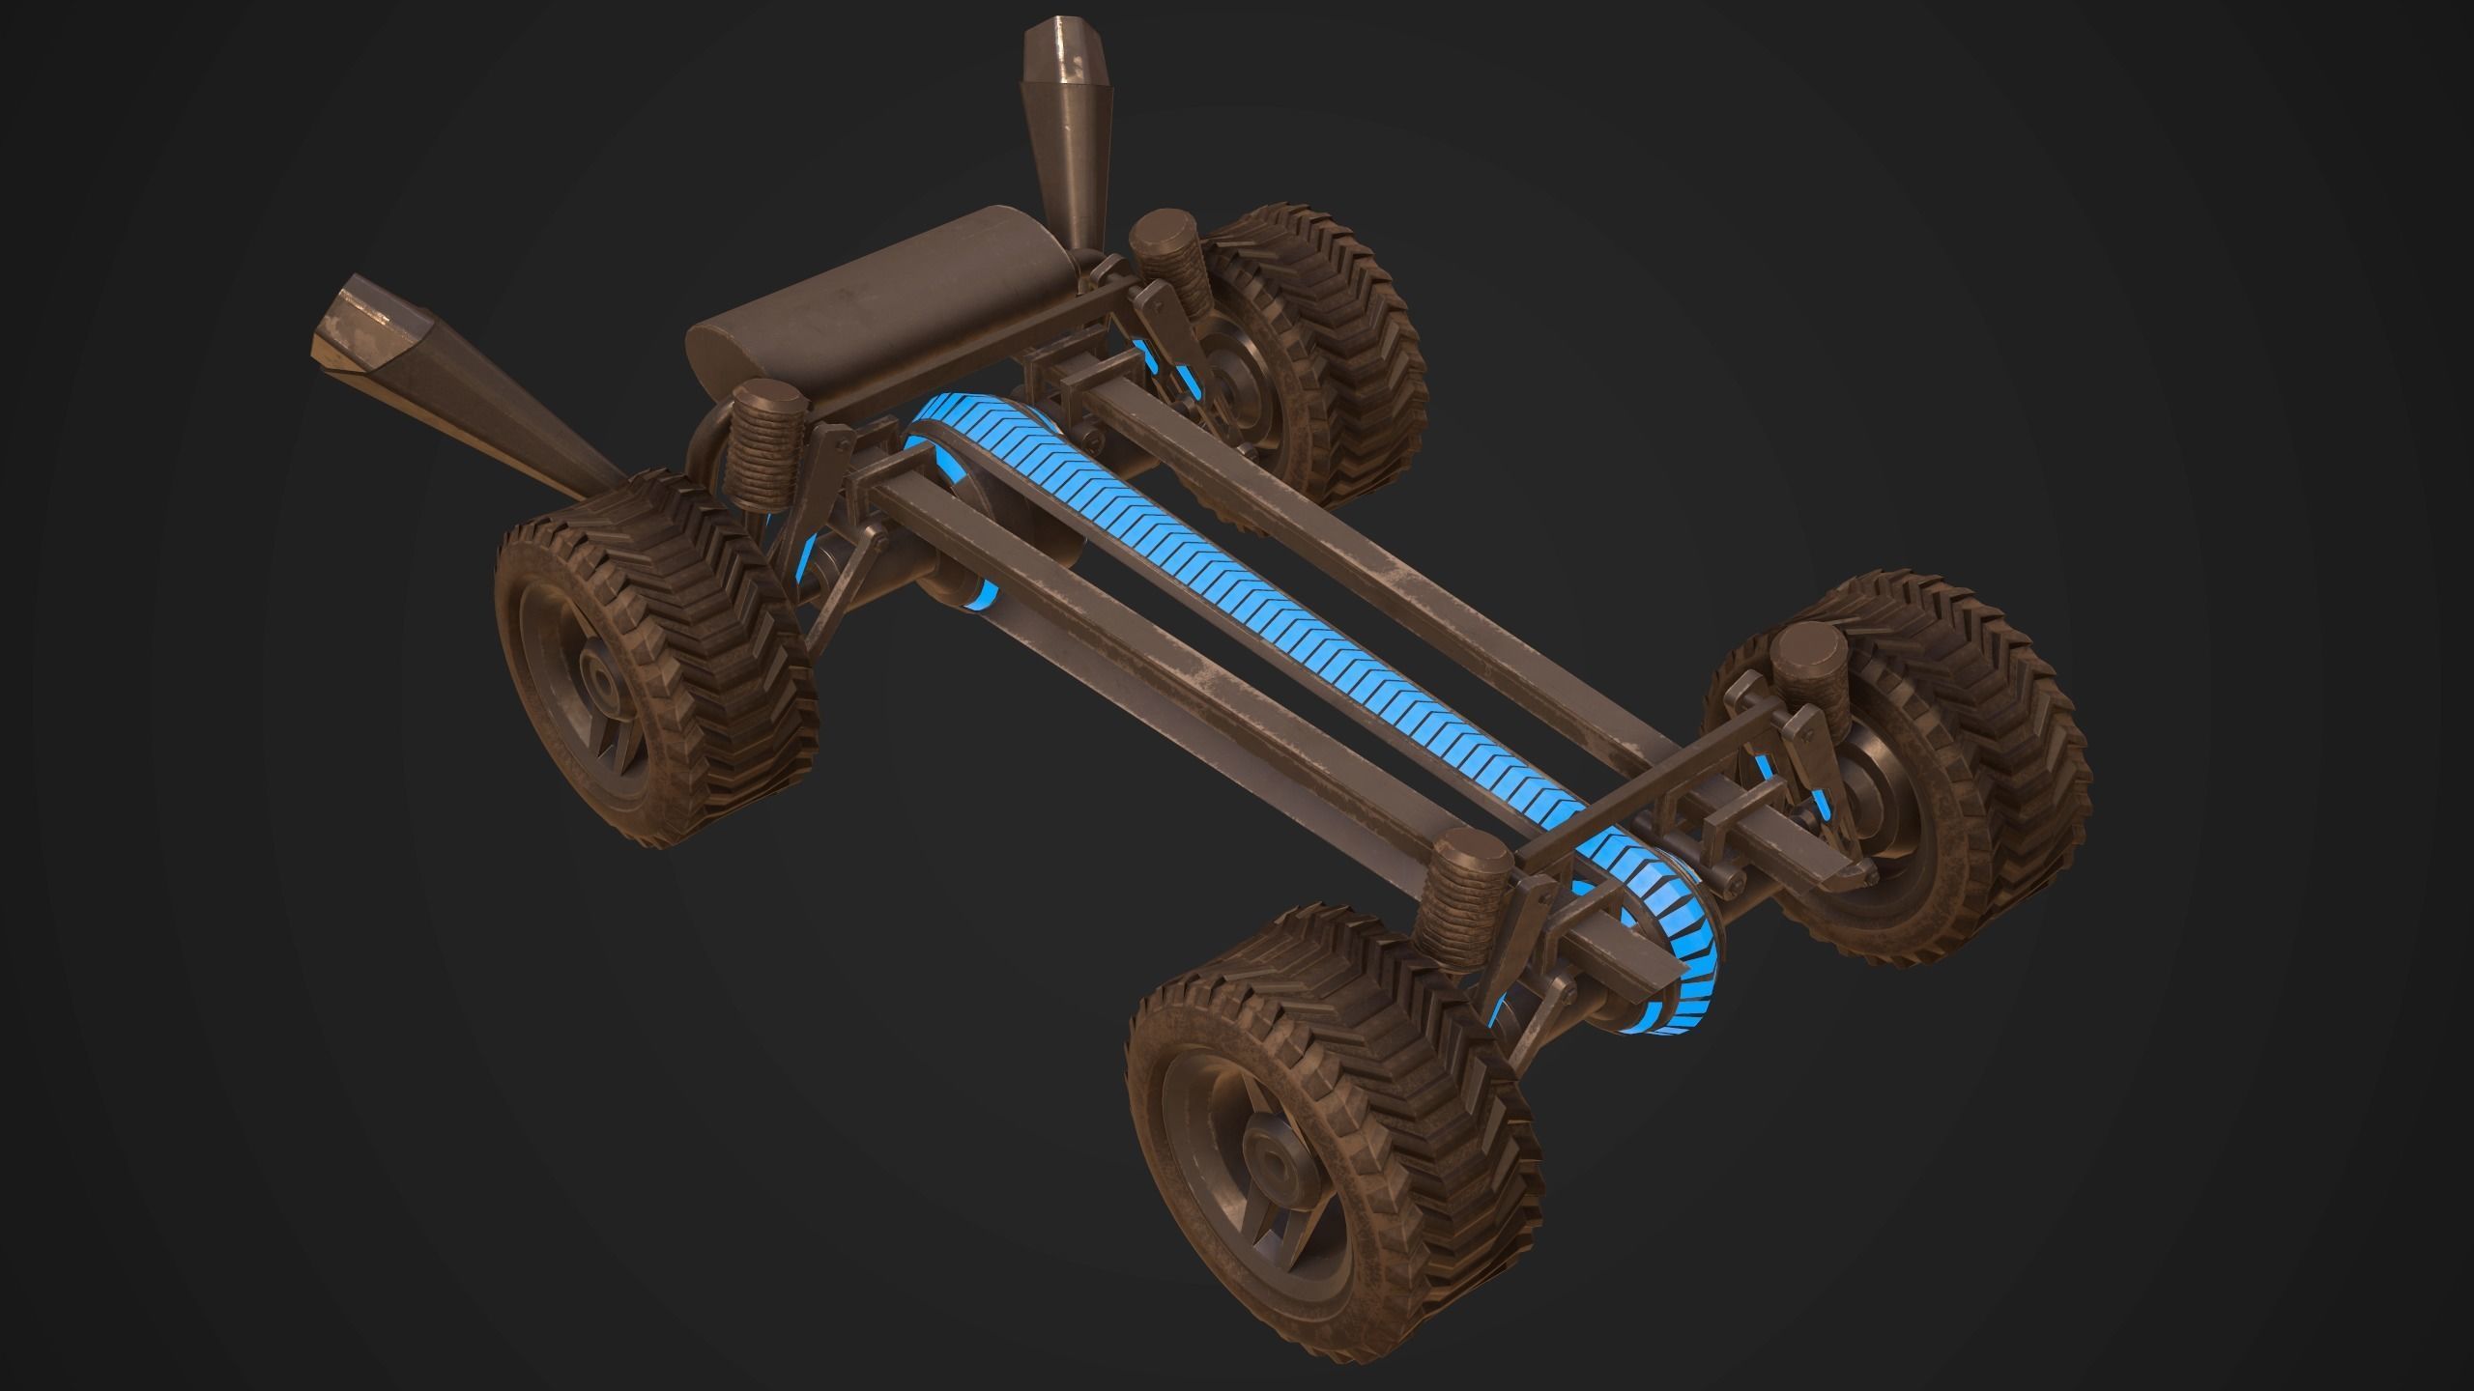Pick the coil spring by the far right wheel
pyautogui.click(x=1802, y=686)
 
